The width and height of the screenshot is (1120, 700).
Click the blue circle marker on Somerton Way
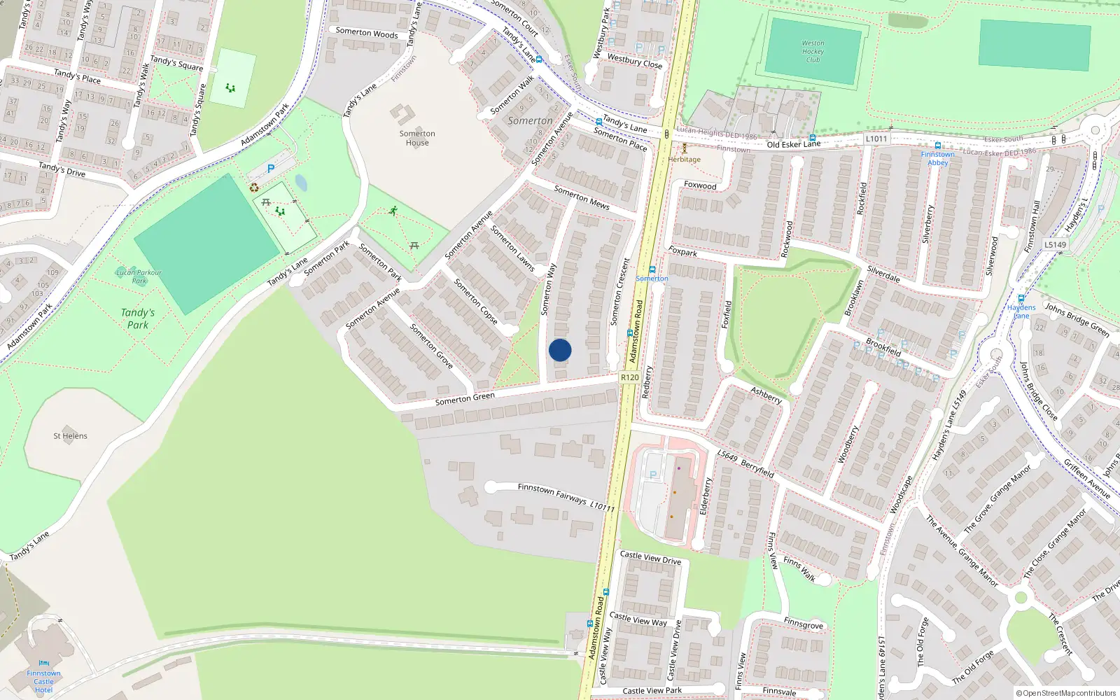(x=560, y=350)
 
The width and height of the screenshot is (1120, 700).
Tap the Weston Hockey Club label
(x=813, y=52)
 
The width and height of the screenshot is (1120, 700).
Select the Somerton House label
(x=417, y=138)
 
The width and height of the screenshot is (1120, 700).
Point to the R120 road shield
(x=629, y=377)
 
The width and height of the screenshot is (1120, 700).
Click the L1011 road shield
(x=876, y=139)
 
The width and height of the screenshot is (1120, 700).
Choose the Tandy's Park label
(x=138, y=318)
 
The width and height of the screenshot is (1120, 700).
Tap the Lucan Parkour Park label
(x=139, y=276)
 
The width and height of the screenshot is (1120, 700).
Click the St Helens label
(x=70, y=436)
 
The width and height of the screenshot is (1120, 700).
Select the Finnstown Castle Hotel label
(x=43, y=681)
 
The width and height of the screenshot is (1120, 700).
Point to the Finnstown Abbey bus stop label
(x=938, y=158)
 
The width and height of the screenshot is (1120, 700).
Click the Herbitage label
(x=684, y=160)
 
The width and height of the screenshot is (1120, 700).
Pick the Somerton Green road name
(x=465, y=399)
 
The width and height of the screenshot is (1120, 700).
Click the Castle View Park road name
(x=652, y=691)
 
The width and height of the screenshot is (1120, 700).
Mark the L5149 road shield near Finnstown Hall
(x=1056, y=244)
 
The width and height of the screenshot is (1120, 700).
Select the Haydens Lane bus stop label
(x=1021, y=311)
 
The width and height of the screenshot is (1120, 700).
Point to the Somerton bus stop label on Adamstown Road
(x=652, y=279)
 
